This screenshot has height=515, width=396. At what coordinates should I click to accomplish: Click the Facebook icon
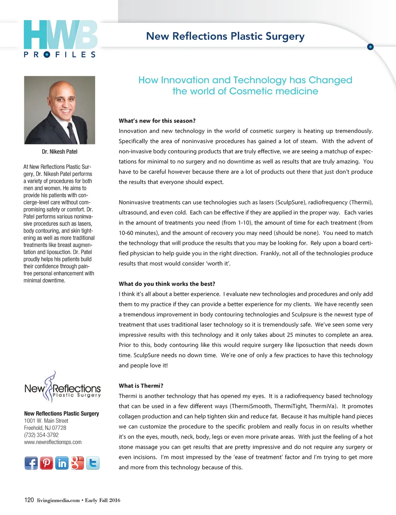coord(31,463)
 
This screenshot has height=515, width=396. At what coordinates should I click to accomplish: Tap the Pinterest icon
coord(46,463)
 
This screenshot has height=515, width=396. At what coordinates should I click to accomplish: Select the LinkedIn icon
coord(62,463)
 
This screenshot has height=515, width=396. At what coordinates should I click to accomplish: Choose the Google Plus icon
coord(77,463)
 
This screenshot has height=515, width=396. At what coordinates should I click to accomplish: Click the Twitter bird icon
coord(93,463)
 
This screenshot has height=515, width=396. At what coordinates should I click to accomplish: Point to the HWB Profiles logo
coord(60,39)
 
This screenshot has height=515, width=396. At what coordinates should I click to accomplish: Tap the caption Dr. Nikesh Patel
coord(60,152)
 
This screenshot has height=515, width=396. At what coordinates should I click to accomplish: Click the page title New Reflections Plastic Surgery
coord(225,36)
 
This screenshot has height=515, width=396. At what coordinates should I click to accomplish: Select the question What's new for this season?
coord(157,121)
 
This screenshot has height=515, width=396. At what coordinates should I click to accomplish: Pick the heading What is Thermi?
coord(141,386)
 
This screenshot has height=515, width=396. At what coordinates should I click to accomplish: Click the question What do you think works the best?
coord(167,284)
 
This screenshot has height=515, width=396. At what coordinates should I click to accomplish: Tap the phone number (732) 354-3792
coord(41,435)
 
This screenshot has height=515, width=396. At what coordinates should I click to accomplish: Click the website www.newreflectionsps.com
coord(53,442)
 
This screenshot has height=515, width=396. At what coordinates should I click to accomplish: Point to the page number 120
coord(29,500)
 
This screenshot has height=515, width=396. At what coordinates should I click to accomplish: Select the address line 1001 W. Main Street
coord(46,421)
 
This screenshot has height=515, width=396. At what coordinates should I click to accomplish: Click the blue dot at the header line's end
coord(370,47)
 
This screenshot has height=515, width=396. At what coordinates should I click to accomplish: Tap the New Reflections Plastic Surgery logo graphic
coord(62,387)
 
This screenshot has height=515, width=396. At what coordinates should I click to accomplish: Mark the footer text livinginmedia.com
coord(58,500)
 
